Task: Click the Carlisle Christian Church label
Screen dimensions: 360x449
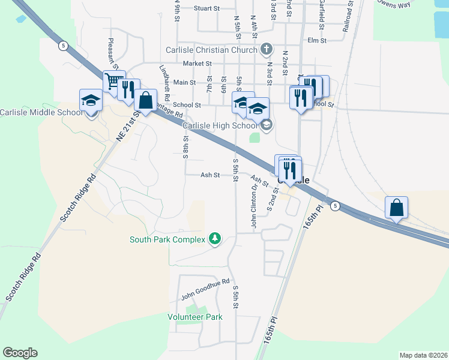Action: (212, 50)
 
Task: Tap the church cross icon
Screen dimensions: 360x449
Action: (267, 50)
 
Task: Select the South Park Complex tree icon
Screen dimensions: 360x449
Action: (214, 239)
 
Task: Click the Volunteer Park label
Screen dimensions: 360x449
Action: (195, 317)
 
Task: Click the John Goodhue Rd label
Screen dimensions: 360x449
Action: (206, 290)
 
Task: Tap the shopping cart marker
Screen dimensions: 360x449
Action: (113, 81)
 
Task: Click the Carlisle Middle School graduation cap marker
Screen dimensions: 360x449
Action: (91, 100)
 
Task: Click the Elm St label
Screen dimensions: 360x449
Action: (316, 41)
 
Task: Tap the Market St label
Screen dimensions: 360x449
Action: (197, 63)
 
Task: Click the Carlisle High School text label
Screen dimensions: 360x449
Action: (219, 125)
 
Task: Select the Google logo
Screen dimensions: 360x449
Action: (19, 353)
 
